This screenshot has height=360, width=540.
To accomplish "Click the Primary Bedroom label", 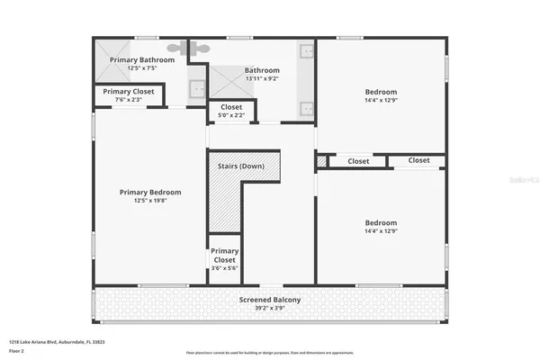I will [x=151, y=192].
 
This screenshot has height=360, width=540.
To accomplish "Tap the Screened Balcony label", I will [x=270, y=300].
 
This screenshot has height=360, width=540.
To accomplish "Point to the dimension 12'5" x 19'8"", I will [x=151, y=201].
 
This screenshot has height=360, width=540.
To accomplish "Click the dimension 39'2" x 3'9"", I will [x=270, y=308].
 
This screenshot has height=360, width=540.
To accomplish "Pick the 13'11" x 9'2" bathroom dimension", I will [x=262, y=79].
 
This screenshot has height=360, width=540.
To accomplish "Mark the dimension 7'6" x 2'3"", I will [x=128, y=100].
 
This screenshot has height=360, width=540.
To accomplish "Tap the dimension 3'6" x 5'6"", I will [x=224, y=268].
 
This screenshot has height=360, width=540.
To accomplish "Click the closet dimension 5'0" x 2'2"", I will [x=224, y=116].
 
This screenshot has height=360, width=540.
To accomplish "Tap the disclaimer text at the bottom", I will [x=270, y=351].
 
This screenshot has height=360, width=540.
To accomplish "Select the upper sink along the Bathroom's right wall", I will [x=306, y=52].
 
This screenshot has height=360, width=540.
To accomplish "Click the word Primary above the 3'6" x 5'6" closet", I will [x=224, y=251].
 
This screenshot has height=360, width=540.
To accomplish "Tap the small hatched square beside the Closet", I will [x=320, y=161].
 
